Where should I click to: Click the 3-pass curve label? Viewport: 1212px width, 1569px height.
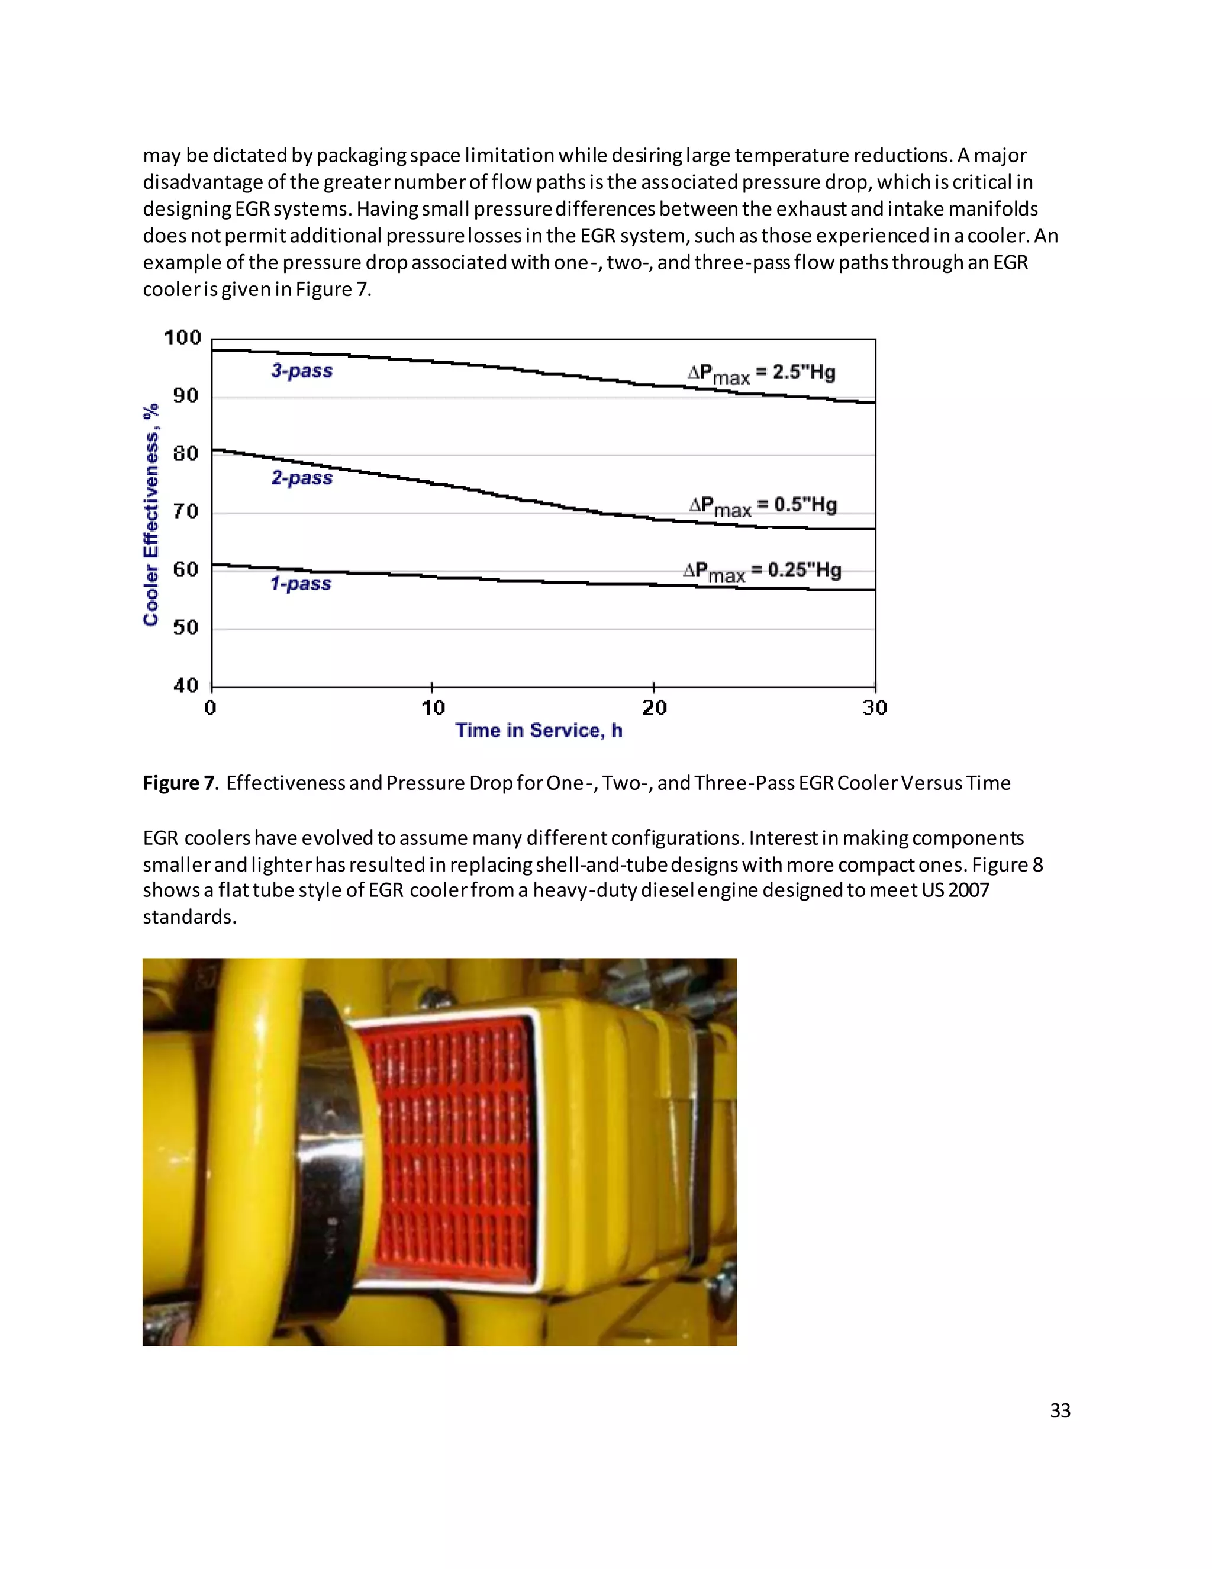(302, 371)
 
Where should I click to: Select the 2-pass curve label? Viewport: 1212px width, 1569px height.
(302, 478)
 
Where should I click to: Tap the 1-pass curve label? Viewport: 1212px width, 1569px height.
(301, 583)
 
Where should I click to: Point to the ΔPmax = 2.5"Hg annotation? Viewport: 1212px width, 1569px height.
(761, 374)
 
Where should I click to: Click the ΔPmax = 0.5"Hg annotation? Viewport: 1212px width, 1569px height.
(762, 506)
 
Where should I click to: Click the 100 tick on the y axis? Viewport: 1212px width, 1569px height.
(182, 337)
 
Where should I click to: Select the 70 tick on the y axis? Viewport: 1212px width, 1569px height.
(185, 512)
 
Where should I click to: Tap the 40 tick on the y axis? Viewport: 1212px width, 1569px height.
(185, 686)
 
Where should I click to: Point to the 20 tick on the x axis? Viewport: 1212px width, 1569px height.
(654, 708)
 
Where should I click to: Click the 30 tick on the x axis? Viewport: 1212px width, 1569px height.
(875, 708)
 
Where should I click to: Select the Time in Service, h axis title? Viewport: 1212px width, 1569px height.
(539, 731)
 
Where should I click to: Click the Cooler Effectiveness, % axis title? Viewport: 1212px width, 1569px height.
(151, 515)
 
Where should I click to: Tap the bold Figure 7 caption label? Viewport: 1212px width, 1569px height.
(178, 783)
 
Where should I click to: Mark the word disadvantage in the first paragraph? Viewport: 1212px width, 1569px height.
(202, 182)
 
